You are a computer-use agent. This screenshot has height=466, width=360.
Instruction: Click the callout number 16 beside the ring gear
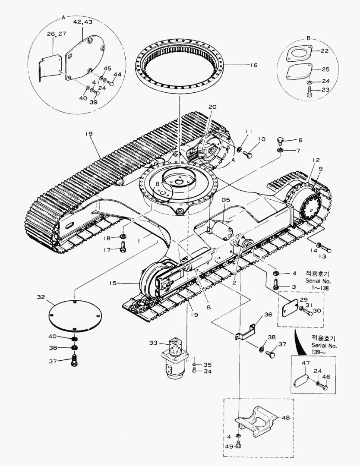(x=253, y=65)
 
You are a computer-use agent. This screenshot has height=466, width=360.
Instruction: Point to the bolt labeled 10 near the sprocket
(x=248, y=154)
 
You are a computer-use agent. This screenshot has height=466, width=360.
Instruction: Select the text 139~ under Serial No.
(x=319, y=353)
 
